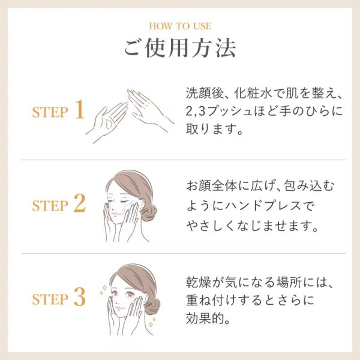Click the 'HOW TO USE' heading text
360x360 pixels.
click(180, 26)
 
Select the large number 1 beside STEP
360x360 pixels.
click(80, 112)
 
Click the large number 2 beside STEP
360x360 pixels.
click(80, 204)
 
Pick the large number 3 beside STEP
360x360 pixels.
click(80, 296)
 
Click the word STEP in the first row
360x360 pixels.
click(50, 113)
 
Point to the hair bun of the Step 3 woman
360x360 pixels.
click(152, 304)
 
